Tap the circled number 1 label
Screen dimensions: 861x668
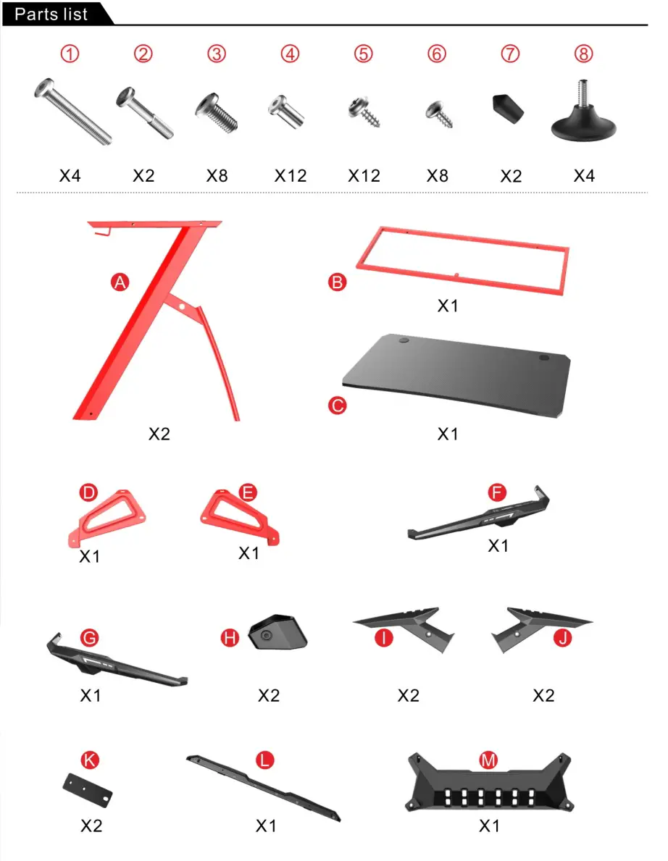click(x=70, y=54)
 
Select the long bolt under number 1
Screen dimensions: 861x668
click(x=72, y=112)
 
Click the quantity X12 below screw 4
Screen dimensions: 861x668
click(x=290, y=176)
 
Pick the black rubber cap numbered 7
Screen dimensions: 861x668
click(x=509, y=108)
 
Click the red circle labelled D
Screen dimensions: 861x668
click(x=88, y=493)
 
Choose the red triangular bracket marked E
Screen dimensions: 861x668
click(x=239, y=514)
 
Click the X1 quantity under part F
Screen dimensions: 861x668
click(x=498, y=545)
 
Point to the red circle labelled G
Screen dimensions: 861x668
click(x=90, y=637)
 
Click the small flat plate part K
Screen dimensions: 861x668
click(x=89, y=789)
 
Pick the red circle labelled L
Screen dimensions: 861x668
click(x=266, y=760)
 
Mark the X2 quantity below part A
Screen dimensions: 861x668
click(x=159, y=434)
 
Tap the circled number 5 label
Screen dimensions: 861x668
click(x=364, y=54)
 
